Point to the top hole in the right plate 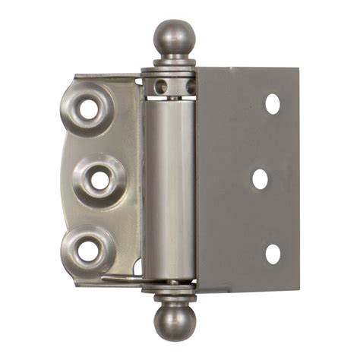coord(272,105)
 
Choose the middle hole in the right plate coord(260,178)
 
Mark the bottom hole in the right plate coord(272,254)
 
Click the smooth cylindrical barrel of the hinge coord(168,190)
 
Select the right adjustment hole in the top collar coord(190,86)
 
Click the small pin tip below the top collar coord(174,96)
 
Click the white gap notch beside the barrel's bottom coord(137,267)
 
